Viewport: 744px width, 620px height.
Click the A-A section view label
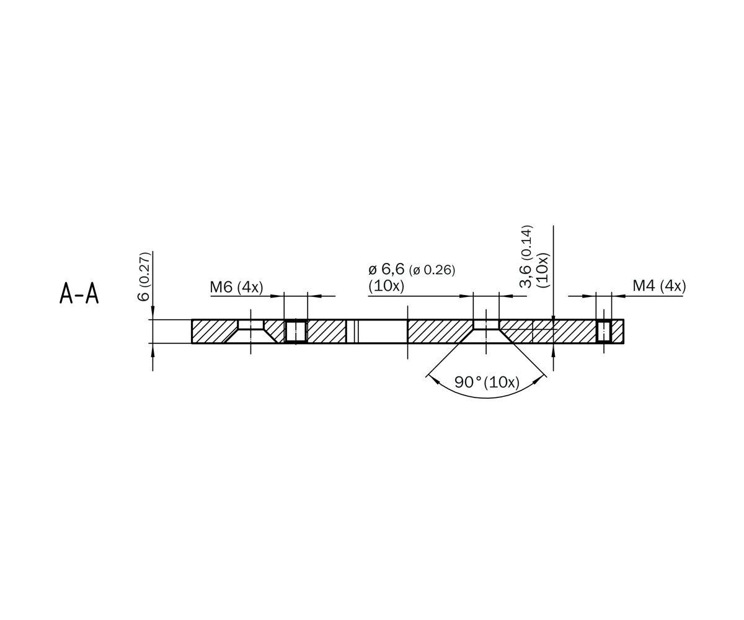(x=79, y=293)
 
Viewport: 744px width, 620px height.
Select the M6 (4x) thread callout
(x=236, y=287)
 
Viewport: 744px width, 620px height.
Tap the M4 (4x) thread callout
(x=659, y=286)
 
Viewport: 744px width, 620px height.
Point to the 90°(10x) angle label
(x=487, y=383)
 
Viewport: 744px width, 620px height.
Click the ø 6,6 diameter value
(x=387, y=269)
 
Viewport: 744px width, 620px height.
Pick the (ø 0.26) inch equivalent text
(x=432, y=270)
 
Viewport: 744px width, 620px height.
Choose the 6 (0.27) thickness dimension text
(x=144, y=277)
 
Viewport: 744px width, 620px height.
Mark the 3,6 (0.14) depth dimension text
(x=526, y=257)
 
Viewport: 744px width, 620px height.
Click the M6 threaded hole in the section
(x=296, y=331)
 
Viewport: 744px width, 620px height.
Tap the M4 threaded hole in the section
(x=604, y=331)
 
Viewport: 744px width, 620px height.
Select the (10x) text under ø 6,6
(x=386, y=286)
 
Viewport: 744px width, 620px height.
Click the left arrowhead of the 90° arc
(x=434, y=379)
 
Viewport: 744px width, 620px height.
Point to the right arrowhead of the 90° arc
(x=538, y=379)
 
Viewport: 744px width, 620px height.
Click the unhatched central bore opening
(x=383, y=331)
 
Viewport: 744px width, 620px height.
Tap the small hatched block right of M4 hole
(x=618, y=331)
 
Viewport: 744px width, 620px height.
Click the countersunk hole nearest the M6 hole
(x=250, y=330)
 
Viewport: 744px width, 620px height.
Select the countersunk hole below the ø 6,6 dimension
(x=486, y=330)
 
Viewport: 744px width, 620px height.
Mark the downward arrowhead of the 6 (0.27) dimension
(x=153, y=312)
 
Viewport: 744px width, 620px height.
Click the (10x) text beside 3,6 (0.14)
(x=543, y=270)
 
